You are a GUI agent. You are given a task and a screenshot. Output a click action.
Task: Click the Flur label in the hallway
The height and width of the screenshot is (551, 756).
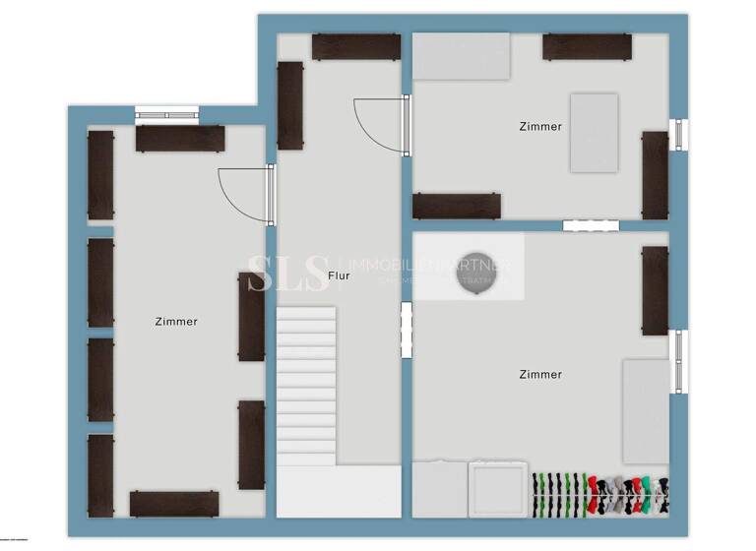tap(339, 276)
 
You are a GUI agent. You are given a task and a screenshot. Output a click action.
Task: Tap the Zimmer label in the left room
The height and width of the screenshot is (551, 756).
tap(176, 322)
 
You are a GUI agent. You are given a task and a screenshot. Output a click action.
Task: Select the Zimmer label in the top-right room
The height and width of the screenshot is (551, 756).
tap(540, 127)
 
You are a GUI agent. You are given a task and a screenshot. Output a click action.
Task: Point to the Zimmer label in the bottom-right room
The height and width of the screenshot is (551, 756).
tap(540, 375)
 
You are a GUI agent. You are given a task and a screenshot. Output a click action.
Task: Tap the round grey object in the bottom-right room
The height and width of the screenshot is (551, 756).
tap(477, 273)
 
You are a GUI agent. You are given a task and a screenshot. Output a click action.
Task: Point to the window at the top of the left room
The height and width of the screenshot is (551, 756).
tap(166, 113)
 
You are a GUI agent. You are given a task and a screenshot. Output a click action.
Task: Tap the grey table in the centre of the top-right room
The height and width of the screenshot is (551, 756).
tap(594, 133)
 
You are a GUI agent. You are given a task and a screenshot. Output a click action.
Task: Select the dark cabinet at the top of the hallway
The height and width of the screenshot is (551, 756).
tap(355, 47)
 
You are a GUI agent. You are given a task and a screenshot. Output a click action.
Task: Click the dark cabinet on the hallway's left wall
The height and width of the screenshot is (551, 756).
tap(289, 105)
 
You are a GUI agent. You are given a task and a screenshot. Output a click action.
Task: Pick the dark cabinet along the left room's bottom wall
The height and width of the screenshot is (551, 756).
tap(174, 504)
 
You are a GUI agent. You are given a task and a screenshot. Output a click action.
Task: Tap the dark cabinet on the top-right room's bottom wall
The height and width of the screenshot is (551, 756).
tap(456, 206)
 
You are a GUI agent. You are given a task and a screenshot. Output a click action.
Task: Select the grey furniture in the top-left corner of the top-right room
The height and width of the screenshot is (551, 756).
tap(461, 56)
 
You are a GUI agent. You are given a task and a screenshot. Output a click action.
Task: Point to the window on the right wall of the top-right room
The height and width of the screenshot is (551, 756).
tap(678, 135)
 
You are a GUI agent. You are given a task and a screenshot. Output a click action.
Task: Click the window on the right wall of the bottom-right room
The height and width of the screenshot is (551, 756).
tap(678, 361)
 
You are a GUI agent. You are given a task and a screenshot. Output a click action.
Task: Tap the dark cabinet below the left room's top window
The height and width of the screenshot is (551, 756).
tap(180, 139)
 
